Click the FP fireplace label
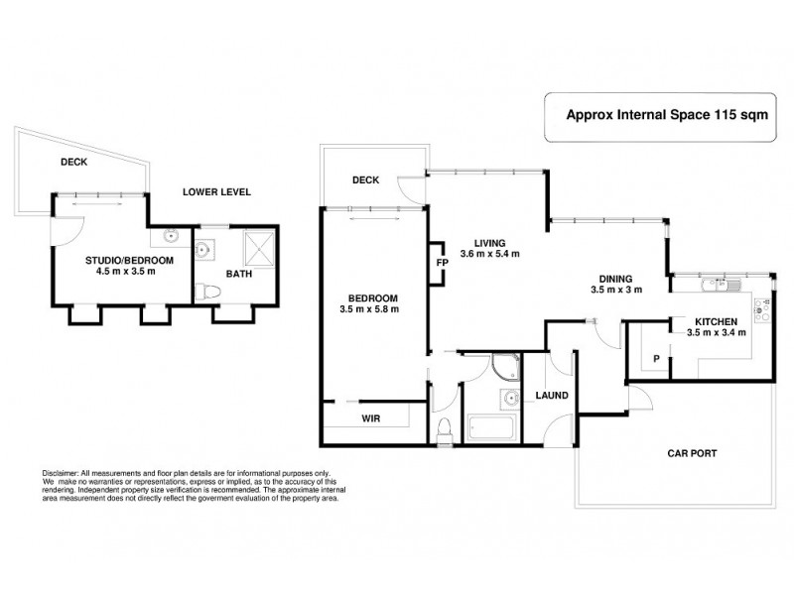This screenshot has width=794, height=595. click(443, 264)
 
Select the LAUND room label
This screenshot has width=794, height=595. click(552, 395)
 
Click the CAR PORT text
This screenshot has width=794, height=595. click(691, 454)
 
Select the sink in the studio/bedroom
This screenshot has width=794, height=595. click(170, 238)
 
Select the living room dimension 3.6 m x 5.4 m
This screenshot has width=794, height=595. click(491, 254)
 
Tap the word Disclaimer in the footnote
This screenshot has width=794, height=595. click(61, 473)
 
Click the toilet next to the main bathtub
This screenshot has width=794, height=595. click(443, 429)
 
